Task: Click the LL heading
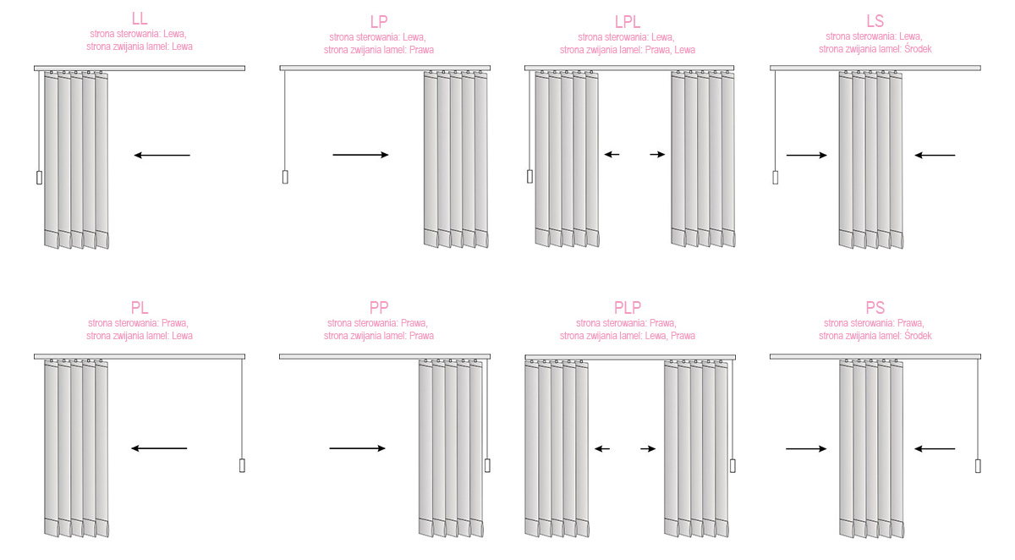point(139,19)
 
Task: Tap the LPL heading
point(627,22)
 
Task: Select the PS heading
point(875,308)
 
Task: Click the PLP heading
point(627,308)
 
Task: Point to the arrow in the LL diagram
point(162,156)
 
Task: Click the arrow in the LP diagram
point(360,155)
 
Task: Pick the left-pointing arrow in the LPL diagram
point(612,155)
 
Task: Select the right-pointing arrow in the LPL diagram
point(657,155)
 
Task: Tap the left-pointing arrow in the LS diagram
point(935,156)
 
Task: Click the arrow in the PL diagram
point(159,448)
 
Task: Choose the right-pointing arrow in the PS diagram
point(806,449)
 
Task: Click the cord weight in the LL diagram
point(40,178)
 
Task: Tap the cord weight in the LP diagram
point(285,177)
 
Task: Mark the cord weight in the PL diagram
point(242,466)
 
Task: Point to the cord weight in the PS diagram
point(978,466)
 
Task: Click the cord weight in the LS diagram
point(776,178)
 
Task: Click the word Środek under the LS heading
point(918,49)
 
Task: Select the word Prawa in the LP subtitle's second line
point(421,50)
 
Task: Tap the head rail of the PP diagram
point(385,357)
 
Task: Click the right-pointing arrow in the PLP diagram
point(648,449)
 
